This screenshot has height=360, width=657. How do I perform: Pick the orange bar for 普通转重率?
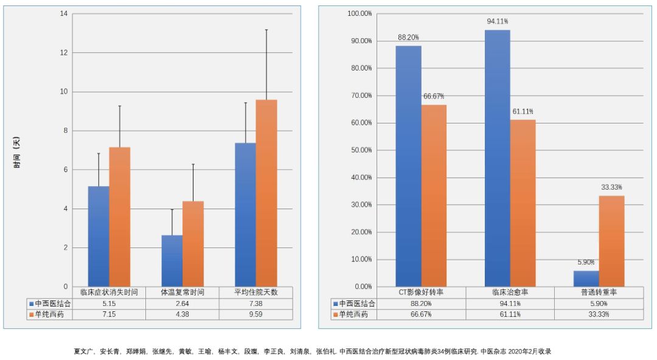tap(611, 241)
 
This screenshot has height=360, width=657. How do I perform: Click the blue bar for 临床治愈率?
tap(498, 158)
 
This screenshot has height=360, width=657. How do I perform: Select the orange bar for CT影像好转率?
tap(434, 195)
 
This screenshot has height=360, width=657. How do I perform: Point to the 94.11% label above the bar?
tap(498, 21)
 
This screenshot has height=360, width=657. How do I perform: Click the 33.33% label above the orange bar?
tap(611, 187)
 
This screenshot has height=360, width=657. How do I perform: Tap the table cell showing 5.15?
tap(109, 303)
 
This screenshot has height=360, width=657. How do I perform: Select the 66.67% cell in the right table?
tap(421, 314)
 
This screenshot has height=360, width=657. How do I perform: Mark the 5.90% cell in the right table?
tap(599, 303)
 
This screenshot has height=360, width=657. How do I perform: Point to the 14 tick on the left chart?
tap(63, 13)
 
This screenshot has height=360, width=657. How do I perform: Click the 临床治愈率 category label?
tap(510, 292)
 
